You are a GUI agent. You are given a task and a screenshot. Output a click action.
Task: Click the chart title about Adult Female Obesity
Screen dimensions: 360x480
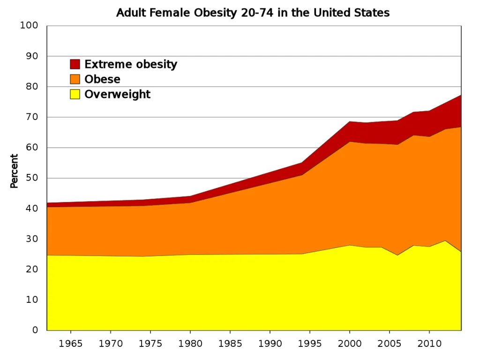pyautogui.click(x=253, y=13)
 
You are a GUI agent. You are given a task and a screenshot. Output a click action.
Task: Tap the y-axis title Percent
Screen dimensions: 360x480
pyautogui.click(x=15, y=171)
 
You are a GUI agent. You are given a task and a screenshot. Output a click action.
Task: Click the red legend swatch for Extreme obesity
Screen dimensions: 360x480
pyautogui.click(x=75, y=64)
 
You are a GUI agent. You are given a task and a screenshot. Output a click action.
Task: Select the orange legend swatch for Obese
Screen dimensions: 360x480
pyautogui.click(x=75, y=79)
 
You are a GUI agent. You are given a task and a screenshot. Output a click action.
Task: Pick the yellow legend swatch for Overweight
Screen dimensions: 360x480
pyautogui.click(x=75, y=94)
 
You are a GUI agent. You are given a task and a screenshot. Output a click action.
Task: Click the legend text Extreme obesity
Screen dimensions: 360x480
pyautogui.click(x=131, y=64)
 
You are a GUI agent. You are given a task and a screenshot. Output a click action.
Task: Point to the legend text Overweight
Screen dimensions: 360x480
pyautogui.click(x=117, y=94)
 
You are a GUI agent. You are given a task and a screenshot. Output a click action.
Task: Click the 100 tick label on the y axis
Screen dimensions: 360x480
pyautogui.click(x=29, y=25)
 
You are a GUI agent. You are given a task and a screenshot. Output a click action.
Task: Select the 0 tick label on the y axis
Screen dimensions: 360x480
pyautogui.click(x=35, y=330)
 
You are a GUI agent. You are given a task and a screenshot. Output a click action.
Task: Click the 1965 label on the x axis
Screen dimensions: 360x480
pyautogui.click(x=71, y=344)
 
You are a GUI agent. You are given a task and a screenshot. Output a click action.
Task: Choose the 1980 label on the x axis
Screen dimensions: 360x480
pyautogui.click(x=190, y=344)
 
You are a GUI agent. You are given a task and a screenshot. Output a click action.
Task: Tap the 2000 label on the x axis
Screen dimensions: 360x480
pyautogui.click(x=349, y=344)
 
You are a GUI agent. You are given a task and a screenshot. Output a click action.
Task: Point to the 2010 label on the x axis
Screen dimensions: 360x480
pyautogui.click(x=429, y=344)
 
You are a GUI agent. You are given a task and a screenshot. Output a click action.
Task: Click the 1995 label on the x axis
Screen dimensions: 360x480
pyautogui.click(x=309, y=344)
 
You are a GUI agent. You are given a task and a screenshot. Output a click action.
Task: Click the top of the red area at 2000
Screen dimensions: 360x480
pyautogui.click(x=349, y=121)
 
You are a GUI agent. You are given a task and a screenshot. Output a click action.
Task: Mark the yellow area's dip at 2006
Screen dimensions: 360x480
pyautogui.click(x=397, y=255)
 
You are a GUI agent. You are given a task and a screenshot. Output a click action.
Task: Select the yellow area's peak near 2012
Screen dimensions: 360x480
pyautogui.click(x=445, y=240)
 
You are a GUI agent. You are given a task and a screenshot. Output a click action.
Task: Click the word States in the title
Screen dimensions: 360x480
pyautogui.click(x=373, y=13)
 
